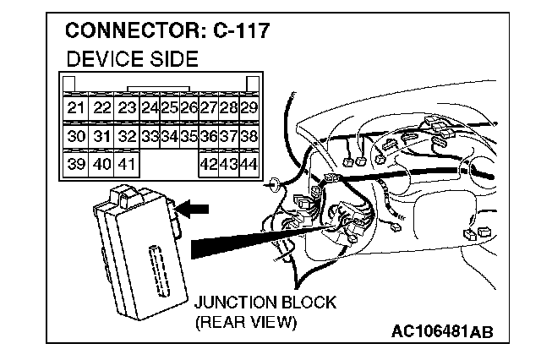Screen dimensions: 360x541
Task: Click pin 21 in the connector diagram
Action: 76,108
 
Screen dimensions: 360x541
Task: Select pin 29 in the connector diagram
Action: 249,108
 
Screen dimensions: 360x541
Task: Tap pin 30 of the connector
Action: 76,136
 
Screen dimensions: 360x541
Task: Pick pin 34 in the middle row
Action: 169,136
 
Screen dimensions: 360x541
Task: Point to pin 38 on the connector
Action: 249,136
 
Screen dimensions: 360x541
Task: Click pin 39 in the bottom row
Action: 76,163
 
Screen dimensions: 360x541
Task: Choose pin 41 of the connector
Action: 127,163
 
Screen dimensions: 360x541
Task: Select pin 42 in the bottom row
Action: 208,163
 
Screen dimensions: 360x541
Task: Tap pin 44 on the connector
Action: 249,163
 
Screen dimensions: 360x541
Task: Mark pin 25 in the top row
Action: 169,108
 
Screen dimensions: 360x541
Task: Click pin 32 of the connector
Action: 127,136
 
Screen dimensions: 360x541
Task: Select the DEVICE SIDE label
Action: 131,59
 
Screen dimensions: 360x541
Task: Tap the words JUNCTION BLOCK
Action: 265,303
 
